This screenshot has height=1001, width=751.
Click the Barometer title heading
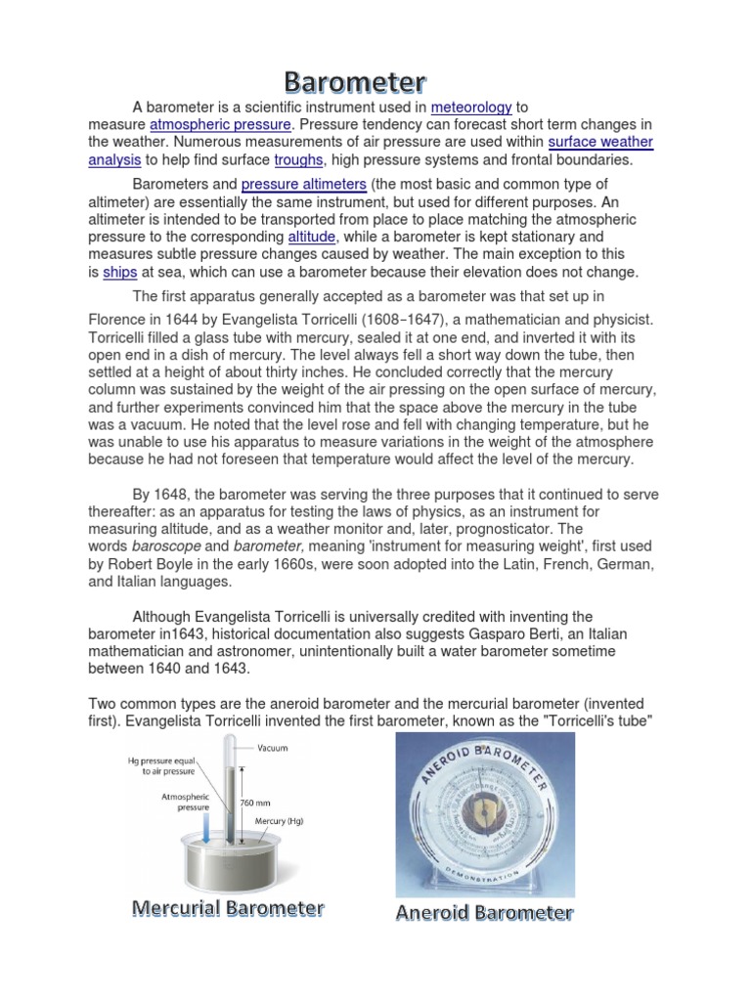(x=355, y=81)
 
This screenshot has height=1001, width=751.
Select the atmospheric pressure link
(x=220, y=125)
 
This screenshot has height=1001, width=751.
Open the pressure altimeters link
(x=303, y=185)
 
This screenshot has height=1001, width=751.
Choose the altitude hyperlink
(x=312, y=238)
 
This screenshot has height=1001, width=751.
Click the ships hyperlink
(x=119, y=273)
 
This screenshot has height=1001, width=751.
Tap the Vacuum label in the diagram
(x=275, y=749)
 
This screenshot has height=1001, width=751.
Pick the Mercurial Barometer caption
(x=228, y=909)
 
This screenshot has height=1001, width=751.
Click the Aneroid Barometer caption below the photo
(x=484, y=914)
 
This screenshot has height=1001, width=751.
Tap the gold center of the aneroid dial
(x=485, y=810)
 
